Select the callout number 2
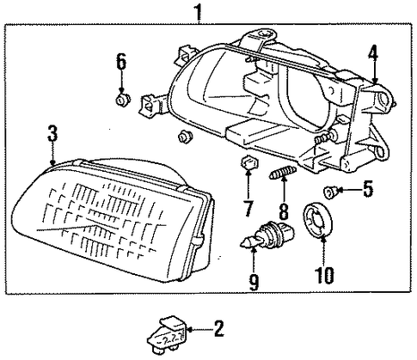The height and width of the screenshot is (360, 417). [x=218, y=329]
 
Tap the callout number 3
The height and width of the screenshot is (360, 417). [x=52, y=134]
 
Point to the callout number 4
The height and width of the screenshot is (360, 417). [x=373, y=57]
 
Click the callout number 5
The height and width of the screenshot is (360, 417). [x=368, y=189]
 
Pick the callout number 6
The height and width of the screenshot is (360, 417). [x=121, y=62]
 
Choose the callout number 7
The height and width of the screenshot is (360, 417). [x=248, y=209]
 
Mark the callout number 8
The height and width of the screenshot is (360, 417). [x=284, y=211]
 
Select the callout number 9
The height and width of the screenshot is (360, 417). [x=254, y=283]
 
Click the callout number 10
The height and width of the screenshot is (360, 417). [x=325, y=275]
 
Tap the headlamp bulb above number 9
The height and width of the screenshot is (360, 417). [x=267, y=235]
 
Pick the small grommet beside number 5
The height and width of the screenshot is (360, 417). [x=330, y=192]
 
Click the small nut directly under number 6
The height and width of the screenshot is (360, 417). [x=122, y=99]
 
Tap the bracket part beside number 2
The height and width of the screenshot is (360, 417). [x=167, y=336]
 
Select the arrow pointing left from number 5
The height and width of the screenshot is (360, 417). [x=349, y=189]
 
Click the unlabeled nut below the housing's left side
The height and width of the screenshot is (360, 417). [x=185, y=137]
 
